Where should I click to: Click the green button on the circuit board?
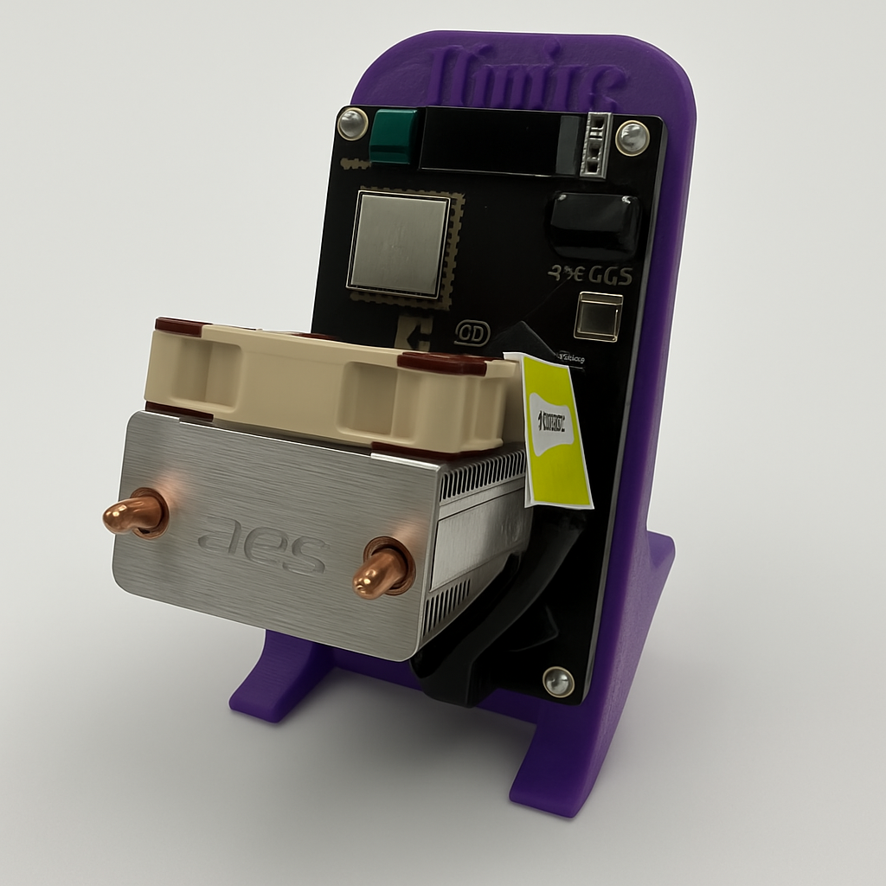click(x=395, y=136)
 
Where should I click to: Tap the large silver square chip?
click(x=399, y=245)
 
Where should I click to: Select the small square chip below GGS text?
click(x=599, y=317)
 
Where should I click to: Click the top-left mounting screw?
click(x=352, y=123)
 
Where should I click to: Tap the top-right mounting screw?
click(x=632, y=137)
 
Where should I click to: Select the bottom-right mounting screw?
click(x=558, y=681)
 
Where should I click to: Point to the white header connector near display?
click(x=595, y=144)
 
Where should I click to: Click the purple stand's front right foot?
click(x=554, y=779)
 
